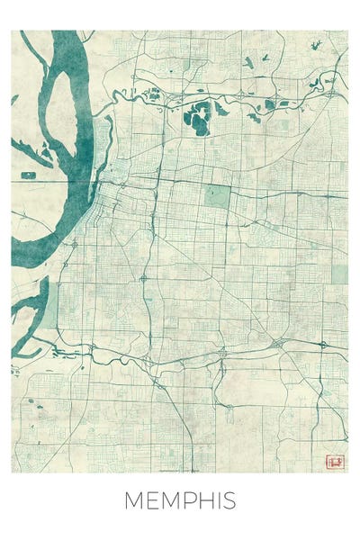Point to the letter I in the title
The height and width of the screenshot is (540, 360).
pyautogui.click(x=219, y=501)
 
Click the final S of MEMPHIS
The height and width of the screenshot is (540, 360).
pyautogui.click(x=229, y=501)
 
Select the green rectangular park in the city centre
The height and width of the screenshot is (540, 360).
pyautogui.click(x=216, y=197)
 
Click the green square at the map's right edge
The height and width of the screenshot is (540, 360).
pyautogui.click(x=340, y=274)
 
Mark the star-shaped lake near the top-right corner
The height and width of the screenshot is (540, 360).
pyautogui.click(x=316, y=44)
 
